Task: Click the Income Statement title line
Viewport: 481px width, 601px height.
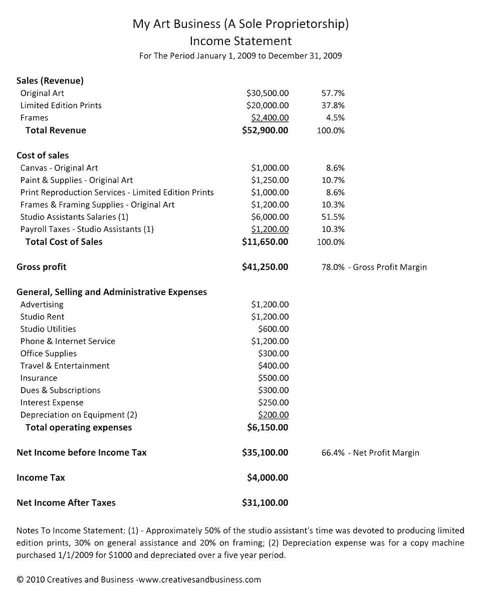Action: (241, 40)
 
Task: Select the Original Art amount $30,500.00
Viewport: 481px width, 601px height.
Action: (268, 93)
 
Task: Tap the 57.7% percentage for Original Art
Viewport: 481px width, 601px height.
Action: (333, 93)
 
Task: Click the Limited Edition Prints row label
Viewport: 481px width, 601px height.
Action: (61, 105)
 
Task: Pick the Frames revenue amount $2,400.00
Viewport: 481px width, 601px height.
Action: (270, 118)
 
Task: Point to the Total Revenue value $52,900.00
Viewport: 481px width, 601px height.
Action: (265, 130)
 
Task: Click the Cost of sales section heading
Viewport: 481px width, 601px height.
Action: (43, 155)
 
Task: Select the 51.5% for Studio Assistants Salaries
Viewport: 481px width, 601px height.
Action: (333, 217)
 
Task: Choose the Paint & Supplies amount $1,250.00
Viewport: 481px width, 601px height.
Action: (270, 180)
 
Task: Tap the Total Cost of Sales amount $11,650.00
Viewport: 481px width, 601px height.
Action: (265, 242)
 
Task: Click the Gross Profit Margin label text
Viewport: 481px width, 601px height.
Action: (390, 267)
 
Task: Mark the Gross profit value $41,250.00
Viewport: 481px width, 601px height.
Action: (265, 267)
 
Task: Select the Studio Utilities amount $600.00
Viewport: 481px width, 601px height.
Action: (273, 329)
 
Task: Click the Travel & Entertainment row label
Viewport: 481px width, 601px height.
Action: (65, 366)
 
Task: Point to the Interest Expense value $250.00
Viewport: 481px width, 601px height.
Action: (273, 403)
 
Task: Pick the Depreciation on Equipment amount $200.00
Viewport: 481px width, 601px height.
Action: (273, 415)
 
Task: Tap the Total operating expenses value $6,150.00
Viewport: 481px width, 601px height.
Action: (268, 427)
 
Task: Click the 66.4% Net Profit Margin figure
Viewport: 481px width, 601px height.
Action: (333, 453)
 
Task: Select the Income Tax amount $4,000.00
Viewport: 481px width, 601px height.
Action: (268, 478)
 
